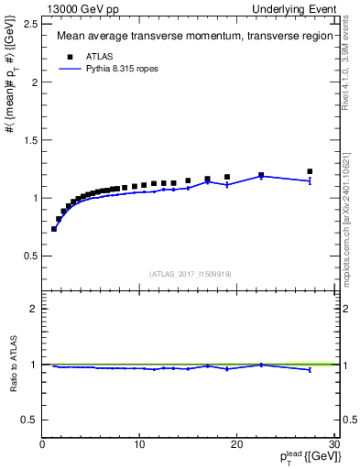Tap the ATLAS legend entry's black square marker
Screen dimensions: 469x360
click(66, 55)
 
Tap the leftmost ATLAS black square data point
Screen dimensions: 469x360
click(54, 228)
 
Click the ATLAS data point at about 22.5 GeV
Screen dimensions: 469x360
click(261, 175)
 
